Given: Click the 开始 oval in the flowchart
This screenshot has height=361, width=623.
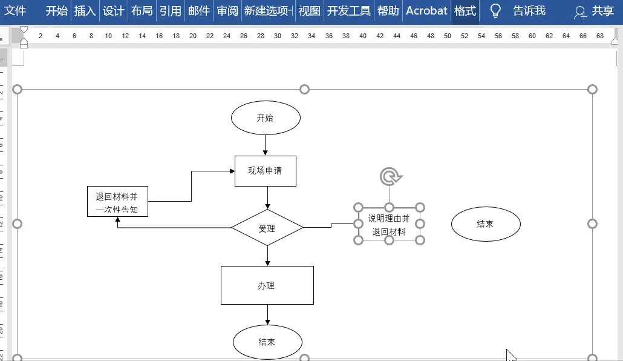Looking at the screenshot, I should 266,118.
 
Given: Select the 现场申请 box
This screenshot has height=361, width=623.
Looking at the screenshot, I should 265,171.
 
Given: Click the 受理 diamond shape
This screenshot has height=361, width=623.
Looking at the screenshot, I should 267,228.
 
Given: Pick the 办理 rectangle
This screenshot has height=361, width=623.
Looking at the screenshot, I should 267,285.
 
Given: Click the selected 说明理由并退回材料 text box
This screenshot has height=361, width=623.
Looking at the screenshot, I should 389,225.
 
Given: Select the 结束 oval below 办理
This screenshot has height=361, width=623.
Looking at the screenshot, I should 267,342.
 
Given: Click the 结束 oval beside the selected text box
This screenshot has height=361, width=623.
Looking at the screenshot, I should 486,224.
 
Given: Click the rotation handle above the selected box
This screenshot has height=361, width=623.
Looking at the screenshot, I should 390,177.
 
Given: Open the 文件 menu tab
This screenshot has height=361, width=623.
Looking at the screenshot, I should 16,11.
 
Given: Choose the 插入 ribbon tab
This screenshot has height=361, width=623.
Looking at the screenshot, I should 85,11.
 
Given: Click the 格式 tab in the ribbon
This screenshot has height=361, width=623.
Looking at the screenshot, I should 465,11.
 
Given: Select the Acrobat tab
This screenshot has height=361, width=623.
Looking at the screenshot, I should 426,11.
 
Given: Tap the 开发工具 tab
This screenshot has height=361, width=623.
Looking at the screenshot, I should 349,11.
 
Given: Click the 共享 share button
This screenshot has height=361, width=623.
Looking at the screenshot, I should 595,12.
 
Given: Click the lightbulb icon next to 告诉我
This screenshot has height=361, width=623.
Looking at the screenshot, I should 495,11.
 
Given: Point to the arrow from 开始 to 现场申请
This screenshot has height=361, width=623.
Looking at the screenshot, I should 266,144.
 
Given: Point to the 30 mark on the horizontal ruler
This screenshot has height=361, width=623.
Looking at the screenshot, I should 277,36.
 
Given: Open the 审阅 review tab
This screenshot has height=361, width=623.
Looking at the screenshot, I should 227,11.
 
